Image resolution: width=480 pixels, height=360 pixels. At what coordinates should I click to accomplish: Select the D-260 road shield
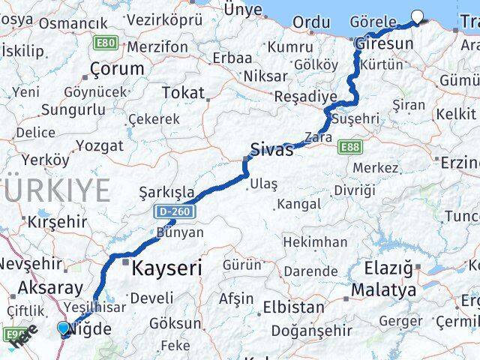(175, 212)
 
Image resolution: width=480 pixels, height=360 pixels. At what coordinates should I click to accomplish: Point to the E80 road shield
(106, 43)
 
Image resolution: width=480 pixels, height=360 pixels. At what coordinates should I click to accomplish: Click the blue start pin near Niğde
(64, 328)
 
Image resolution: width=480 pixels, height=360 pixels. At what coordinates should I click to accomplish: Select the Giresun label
(384, 43)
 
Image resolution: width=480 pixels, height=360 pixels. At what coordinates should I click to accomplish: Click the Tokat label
(183, 93)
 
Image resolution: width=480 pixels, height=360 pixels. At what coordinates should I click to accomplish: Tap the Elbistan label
(293, 307)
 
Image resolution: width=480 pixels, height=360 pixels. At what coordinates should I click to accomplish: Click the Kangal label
(299, 204)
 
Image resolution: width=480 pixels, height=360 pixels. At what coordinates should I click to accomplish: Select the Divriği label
(354, 190)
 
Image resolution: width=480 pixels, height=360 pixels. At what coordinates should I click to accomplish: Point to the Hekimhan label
(315, 242)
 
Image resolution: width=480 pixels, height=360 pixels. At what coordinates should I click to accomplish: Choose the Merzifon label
(157, 46)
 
